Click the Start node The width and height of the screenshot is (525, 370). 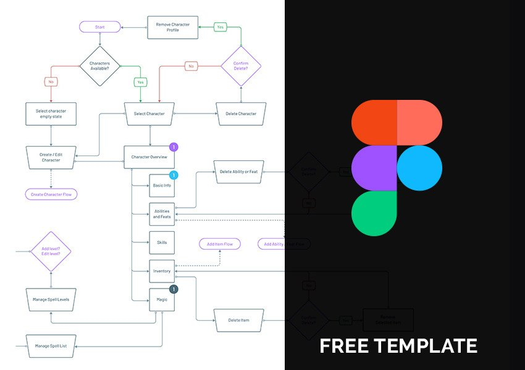click(x=99, y=27)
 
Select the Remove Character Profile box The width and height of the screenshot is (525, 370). click(x=172, y=27)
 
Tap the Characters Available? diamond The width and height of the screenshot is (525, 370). click(x=99, y=65)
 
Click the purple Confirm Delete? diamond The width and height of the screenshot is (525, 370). click(x=241, y=65)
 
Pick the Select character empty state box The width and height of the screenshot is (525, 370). click(x=51, y=113)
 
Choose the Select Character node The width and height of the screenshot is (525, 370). click(x=149, y=113)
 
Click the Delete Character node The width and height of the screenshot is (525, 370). click(x=241, y=113)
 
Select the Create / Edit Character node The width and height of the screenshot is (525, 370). click(x=51, y=157)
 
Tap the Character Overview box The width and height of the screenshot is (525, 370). click(x=149, y=157)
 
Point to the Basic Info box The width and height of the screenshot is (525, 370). click(x=162, y=186)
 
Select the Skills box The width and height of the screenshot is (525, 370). click(x=162, y=242)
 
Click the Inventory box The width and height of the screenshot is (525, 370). click(x=162, y=271)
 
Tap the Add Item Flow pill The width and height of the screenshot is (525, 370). click(x=219, y=244)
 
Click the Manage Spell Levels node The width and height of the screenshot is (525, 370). click(x=51, y=300)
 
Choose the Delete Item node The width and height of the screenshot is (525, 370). click(x=238, y=320)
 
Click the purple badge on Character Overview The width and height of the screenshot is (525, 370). click(x=174, y=147)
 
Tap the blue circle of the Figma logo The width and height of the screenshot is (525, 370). click(x=419, y=168)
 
